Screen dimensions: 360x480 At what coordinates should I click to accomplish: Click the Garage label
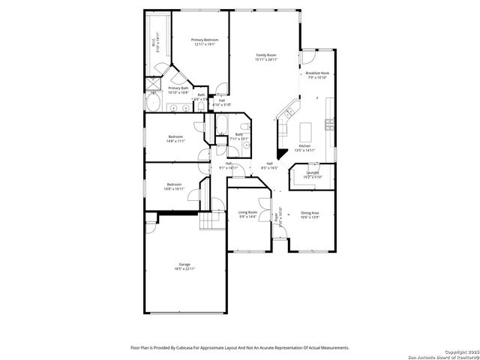(184, 264)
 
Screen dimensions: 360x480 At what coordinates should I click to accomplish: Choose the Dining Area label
(310, 213)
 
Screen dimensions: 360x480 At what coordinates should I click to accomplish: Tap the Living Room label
(247, 212)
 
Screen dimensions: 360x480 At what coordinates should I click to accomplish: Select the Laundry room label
(313, 173)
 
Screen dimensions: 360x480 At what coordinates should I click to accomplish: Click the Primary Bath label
(178, 88)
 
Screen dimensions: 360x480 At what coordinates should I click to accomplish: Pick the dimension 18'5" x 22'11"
(184, 268)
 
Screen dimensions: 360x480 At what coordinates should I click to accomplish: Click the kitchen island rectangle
(305, 132)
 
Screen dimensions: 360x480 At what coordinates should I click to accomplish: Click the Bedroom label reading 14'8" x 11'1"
(175, 136)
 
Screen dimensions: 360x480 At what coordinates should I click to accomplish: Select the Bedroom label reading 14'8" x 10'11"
(174, 184)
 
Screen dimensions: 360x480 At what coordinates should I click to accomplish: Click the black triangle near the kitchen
(281, 154)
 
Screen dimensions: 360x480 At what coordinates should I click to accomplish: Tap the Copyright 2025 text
(457, 351)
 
